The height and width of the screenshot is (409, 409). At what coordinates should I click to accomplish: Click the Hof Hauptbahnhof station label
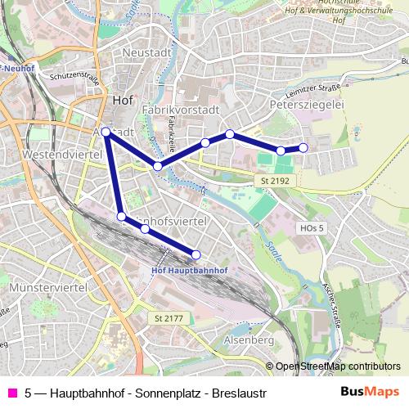190,271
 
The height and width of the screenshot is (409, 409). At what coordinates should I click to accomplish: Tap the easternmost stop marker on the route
303,147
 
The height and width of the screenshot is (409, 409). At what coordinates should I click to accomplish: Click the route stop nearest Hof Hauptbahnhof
196,254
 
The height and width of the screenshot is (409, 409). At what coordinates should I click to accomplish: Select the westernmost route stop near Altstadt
106,131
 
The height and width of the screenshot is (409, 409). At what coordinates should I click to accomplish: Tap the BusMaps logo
371,392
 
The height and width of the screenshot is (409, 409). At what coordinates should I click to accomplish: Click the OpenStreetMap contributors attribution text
337,366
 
